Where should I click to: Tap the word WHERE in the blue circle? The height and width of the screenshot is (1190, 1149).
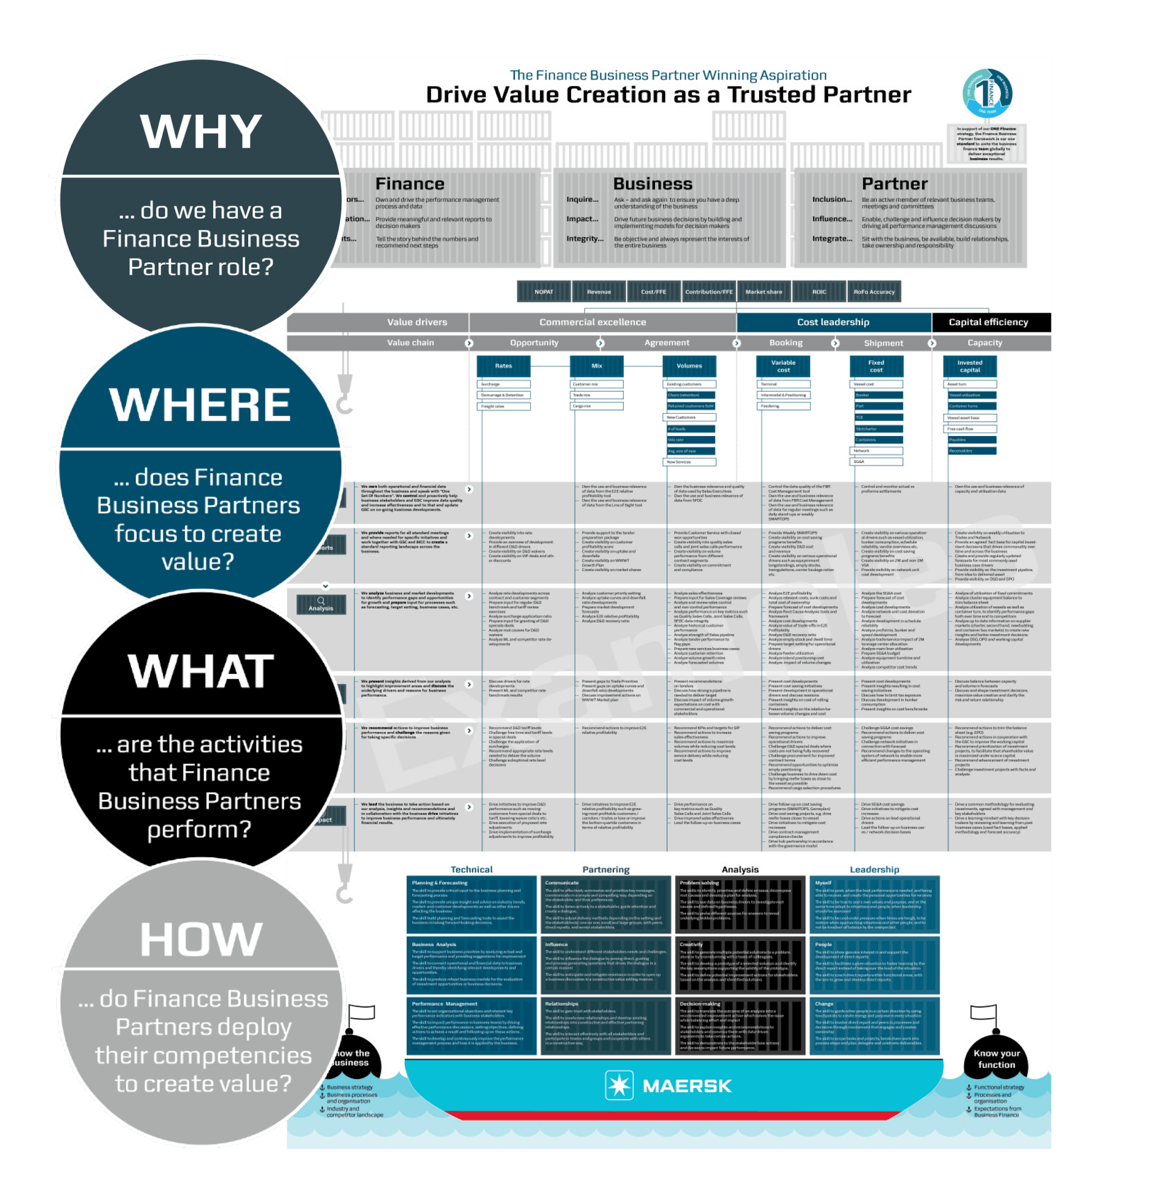199,405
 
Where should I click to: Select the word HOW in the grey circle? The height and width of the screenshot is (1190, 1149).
201,940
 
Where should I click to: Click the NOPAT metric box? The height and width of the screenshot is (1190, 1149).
544,292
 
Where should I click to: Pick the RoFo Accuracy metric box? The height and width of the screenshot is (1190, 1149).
874,292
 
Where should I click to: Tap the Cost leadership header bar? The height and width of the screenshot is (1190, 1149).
833,322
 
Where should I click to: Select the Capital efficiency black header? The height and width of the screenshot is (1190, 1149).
988,322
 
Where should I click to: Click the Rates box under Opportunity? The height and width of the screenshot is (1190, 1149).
503,365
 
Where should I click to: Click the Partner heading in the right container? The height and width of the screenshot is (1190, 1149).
894,183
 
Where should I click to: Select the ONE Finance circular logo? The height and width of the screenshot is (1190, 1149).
987,93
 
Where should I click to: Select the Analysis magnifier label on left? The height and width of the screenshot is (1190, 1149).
321,604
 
